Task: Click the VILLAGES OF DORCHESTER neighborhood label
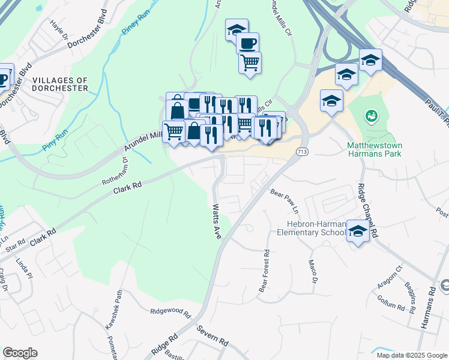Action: (60, 84)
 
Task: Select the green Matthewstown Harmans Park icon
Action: (371, 115)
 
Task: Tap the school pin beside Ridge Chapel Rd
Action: (358, 232)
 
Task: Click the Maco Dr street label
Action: (312, 271)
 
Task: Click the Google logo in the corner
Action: (20, 353)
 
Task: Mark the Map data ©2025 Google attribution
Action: (411, 355)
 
